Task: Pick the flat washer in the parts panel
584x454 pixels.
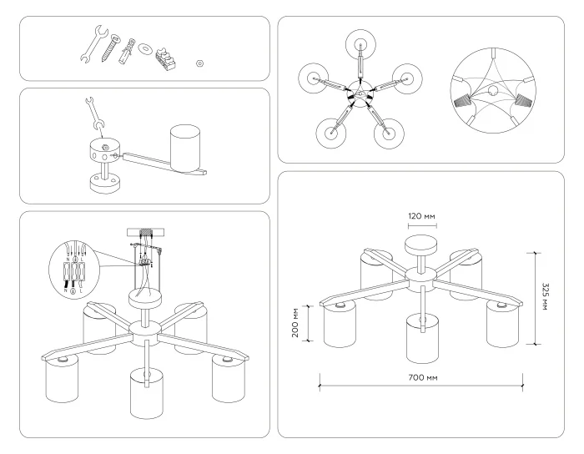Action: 145,48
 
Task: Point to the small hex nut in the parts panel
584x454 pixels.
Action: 200,63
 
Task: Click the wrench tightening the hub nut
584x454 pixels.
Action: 94,114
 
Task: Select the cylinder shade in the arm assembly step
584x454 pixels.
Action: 187,149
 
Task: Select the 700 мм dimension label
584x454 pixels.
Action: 420,377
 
